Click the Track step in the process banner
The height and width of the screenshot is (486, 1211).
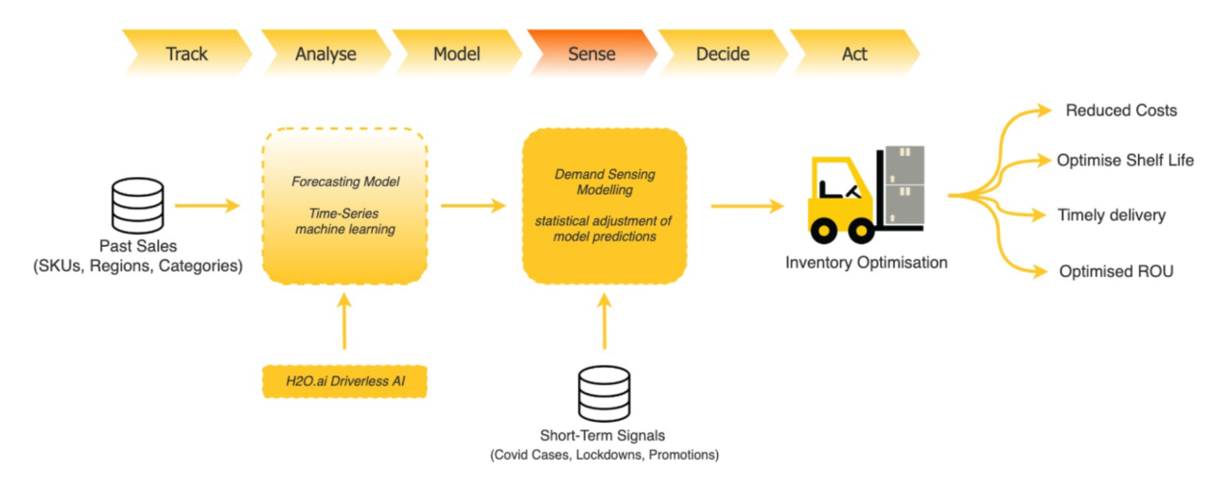(186, 53)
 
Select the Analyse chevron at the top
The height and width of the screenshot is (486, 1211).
(325, 53)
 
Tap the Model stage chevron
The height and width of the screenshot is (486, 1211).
(457, 53)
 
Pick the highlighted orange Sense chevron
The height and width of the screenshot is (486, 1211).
(591, 53)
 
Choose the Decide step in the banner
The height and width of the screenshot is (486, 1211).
(723, 53)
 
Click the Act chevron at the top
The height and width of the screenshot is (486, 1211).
(854, 53)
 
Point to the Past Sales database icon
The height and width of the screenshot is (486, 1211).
(139, 204)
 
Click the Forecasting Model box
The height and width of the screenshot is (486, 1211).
(344, 205)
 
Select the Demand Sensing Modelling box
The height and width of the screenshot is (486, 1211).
(605, 205)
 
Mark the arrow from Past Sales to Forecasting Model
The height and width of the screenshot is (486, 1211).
(206, 204)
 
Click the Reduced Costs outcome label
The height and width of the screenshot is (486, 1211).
(1121, 111)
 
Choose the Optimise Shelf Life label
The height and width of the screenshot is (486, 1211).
(1125, 160)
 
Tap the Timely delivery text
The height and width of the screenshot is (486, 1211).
(1111, 216)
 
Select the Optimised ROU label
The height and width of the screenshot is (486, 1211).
(1116, 271)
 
